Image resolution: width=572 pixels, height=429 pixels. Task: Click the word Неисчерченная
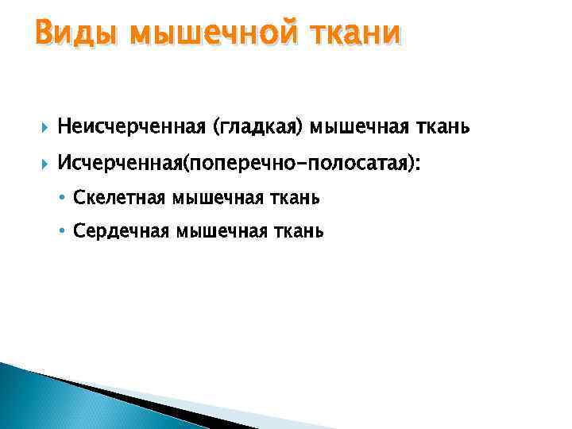130,126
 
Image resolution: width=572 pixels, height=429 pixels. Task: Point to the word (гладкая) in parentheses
257,127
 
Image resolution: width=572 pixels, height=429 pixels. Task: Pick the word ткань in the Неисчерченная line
440,126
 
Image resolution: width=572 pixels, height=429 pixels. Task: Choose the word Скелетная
117,198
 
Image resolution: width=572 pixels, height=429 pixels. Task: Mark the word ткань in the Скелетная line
294,198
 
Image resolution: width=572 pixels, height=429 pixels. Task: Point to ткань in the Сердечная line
300,231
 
